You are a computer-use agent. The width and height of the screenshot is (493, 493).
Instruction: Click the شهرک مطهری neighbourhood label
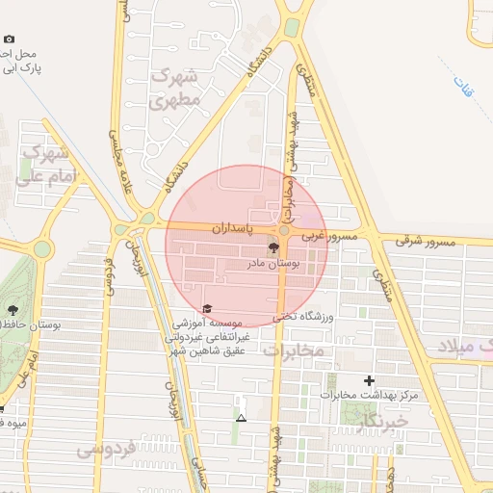coord(176,86)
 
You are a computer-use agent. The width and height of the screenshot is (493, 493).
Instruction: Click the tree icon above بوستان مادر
coord(271,247)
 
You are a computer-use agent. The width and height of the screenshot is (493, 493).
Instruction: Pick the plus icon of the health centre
coord(369,380)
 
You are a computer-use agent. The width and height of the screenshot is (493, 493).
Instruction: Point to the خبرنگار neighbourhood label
coord(381,421)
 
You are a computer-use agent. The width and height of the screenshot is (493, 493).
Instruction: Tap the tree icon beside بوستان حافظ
coord(13,310)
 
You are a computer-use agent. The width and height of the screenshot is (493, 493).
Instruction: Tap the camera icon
coord(9,39)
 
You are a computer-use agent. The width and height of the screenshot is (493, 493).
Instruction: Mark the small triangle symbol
coord(241,418)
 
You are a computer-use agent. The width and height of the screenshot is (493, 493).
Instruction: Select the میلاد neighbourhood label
coord(463,345)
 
